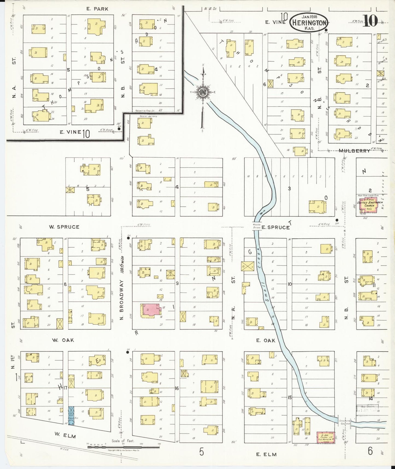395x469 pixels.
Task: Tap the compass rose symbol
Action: [203, 92]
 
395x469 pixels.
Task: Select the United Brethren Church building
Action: [369, 205]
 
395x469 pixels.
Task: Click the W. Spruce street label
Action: [64, 227]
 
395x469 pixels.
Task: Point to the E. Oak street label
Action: [265, 340]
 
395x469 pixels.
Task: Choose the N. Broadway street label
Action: [122, 300]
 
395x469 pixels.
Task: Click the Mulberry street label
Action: [355, 151]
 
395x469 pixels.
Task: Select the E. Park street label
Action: [97, 9]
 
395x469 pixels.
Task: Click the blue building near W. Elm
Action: [71, 415]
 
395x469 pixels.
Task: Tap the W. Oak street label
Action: [63, 340]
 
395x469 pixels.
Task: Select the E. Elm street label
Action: [266, 454]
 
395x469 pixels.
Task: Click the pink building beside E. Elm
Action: [325, 437]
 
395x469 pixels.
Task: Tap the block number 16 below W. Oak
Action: [177, 388]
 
